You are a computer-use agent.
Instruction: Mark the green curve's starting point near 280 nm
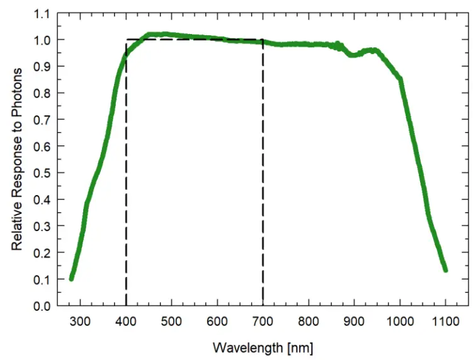pyautogui.click(x=72, y=278)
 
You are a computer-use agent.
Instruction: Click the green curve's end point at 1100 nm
pyautogui.click(x=445, y=269)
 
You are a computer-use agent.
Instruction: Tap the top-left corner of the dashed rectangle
pyautogui.click(x=127, y=40)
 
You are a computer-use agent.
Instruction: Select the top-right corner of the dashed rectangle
pyautogui.click(x=263, y=40)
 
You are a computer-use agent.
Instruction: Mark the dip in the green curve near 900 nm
pyautogui.click(x=353, y=55)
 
